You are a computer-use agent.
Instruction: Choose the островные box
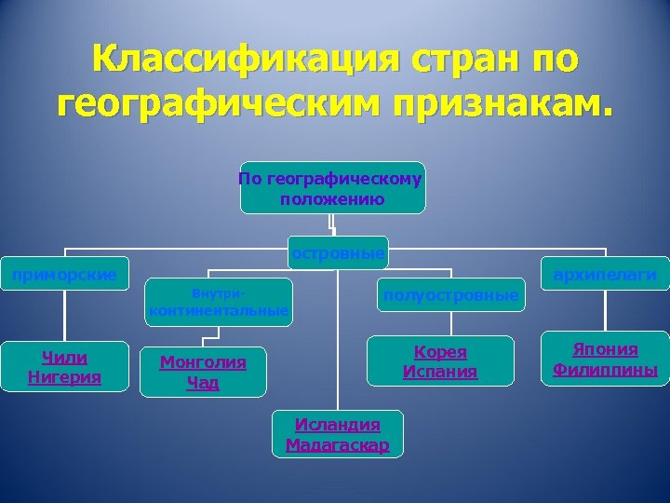(x=337, y=252)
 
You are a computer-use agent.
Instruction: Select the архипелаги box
(x=605, y=274)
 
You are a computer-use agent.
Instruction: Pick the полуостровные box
(x=450, y=295)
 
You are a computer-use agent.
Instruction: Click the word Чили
(x=64, y=357)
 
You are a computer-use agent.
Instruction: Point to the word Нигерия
(x=64, y=376)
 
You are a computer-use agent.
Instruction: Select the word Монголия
(x=203, y=362)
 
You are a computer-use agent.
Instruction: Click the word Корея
(x=440, y=352)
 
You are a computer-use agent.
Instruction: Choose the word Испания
(x=440, y=372)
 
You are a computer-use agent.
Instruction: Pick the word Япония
(x=605, y=349)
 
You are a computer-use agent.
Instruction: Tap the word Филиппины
(x=605, y=370)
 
